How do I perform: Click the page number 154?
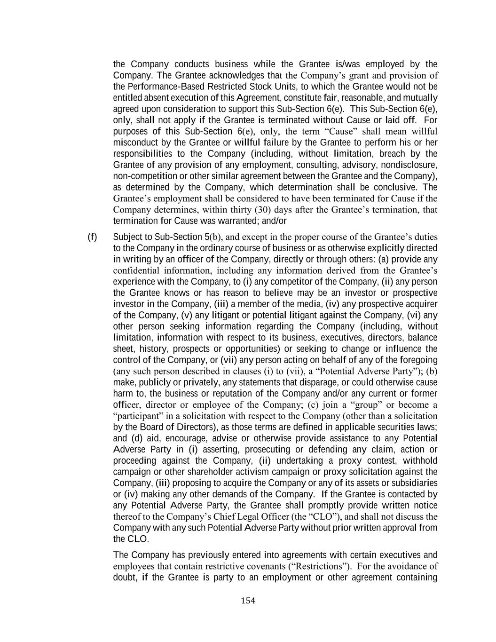click(x=248, y=600)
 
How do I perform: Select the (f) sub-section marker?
click(x=93, y=237)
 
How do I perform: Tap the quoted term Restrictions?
click(x=318, y=566)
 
